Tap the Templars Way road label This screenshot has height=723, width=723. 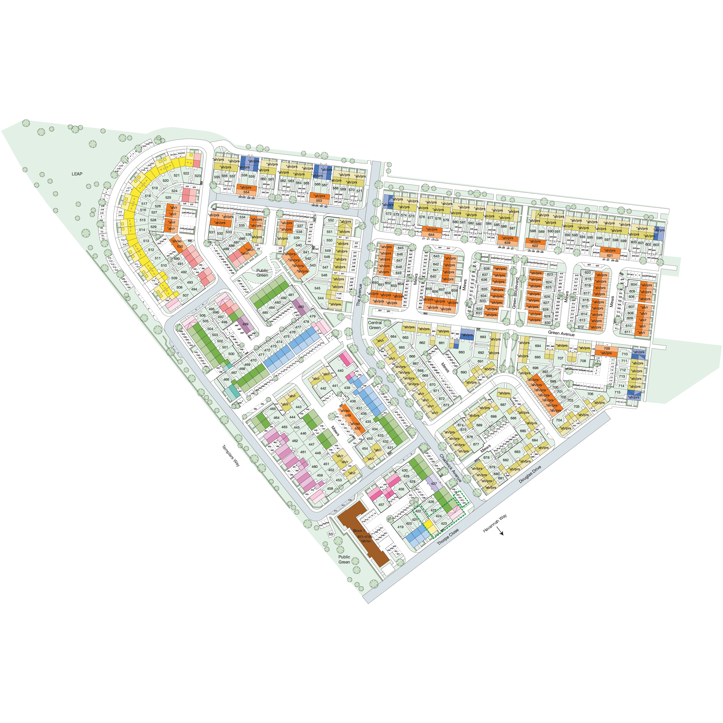coord(231,455)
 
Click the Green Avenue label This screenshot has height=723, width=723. coord(561,333)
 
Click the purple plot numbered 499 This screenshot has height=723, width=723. coord(245,325)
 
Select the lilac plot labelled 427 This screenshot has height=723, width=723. coord(434,484)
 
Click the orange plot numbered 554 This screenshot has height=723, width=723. coord(246,192)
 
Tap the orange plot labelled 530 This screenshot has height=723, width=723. coord(180,246)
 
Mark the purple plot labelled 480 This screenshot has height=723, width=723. coord(301,307)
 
